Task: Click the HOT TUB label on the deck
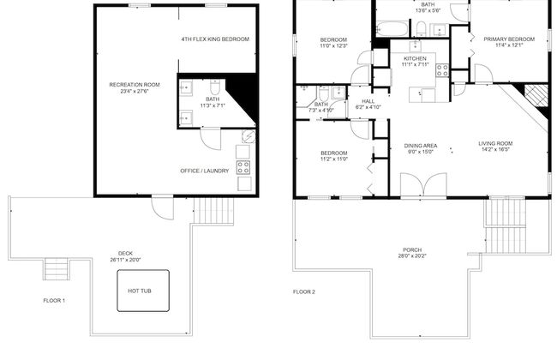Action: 140,291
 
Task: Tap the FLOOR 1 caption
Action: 54,300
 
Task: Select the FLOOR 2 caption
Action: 304,291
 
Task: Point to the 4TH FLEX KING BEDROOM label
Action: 214,39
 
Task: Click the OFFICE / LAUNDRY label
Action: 204,171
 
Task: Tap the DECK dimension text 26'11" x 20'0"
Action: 125,260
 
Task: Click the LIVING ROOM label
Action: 495,143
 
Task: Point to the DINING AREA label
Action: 421,146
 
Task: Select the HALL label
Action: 368,101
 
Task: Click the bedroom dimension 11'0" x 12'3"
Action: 333,46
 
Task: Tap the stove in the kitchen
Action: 443,71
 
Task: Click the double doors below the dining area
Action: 422,185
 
